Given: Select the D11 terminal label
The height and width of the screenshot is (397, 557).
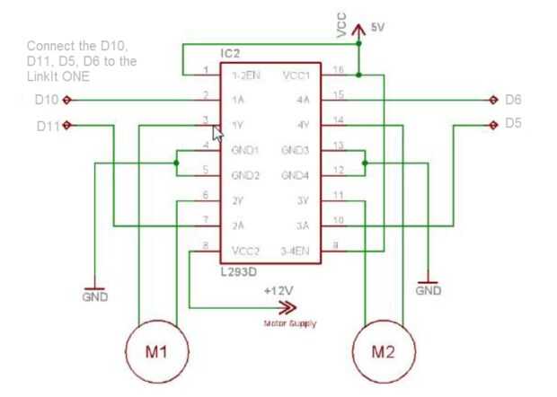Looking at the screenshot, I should click(48, 125).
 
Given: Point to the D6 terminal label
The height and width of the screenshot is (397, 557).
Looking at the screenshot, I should click(513, 99).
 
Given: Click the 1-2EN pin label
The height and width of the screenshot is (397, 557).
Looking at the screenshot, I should click(246, 75).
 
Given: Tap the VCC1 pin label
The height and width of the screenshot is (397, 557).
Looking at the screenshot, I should click(297, 75).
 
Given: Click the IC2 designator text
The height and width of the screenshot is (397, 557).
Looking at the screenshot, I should click(232, 56).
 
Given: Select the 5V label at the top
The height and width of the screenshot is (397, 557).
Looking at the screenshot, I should click(377, 28).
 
